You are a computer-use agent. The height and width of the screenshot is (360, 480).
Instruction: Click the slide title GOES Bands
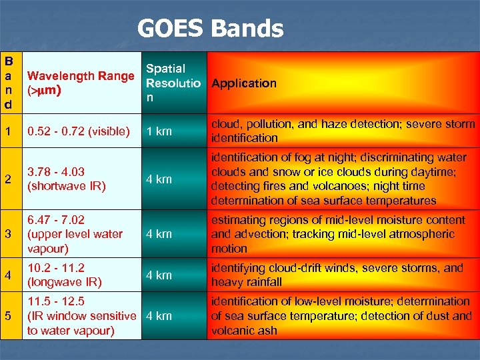(x=210, y=29)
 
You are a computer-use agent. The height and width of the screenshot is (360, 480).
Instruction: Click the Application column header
(x=243, y=83)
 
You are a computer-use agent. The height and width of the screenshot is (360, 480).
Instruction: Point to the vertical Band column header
(x=10, y=83)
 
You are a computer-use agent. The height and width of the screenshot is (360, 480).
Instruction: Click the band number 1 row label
(x=7, y=131)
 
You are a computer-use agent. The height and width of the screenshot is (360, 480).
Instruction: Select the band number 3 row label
(x=7, y=234)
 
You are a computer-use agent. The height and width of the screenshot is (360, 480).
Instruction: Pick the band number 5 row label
(x=7, y=316)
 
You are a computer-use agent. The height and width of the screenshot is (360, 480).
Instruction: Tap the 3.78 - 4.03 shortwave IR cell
(x=66, y=179)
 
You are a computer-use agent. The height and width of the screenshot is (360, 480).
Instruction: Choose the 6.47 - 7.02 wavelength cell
(x=75, y=234)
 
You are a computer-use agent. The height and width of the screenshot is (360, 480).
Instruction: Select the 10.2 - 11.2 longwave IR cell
(x=64, y=275)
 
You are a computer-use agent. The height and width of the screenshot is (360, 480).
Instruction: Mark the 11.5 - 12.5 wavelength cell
(x=80, y=316)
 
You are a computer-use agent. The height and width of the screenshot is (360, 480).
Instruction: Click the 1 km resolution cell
(x=159, y=131)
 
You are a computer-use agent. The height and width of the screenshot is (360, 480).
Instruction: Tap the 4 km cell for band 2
(x=159, y=179)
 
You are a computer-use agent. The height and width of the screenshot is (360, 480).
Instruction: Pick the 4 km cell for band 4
(x=159, y=275)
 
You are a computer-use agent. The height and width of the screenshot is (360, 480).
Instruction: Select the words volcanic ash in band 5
(x=244, y=330)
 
